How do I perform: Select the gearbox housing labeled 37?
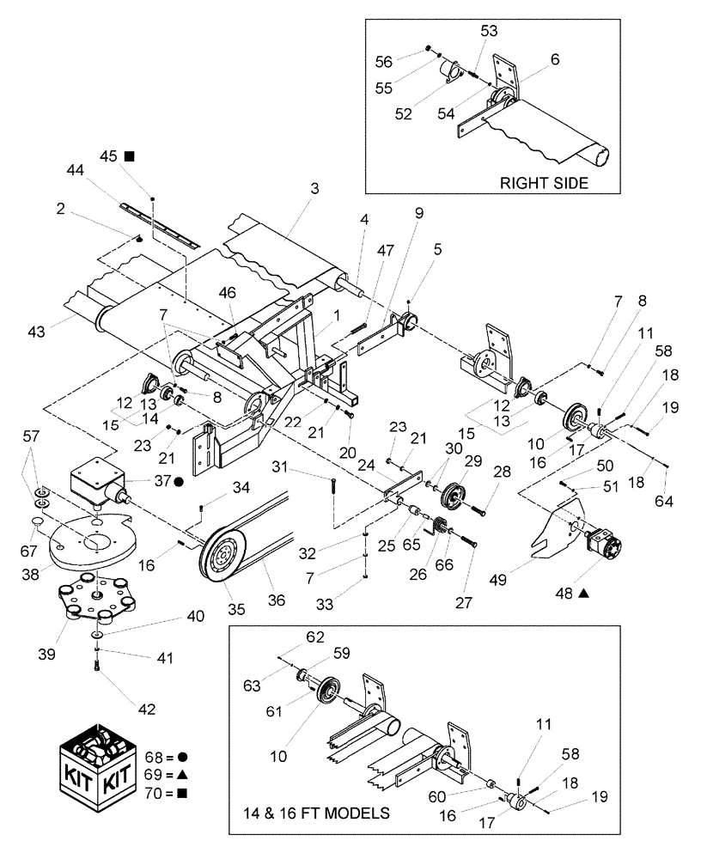(99, 481)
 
